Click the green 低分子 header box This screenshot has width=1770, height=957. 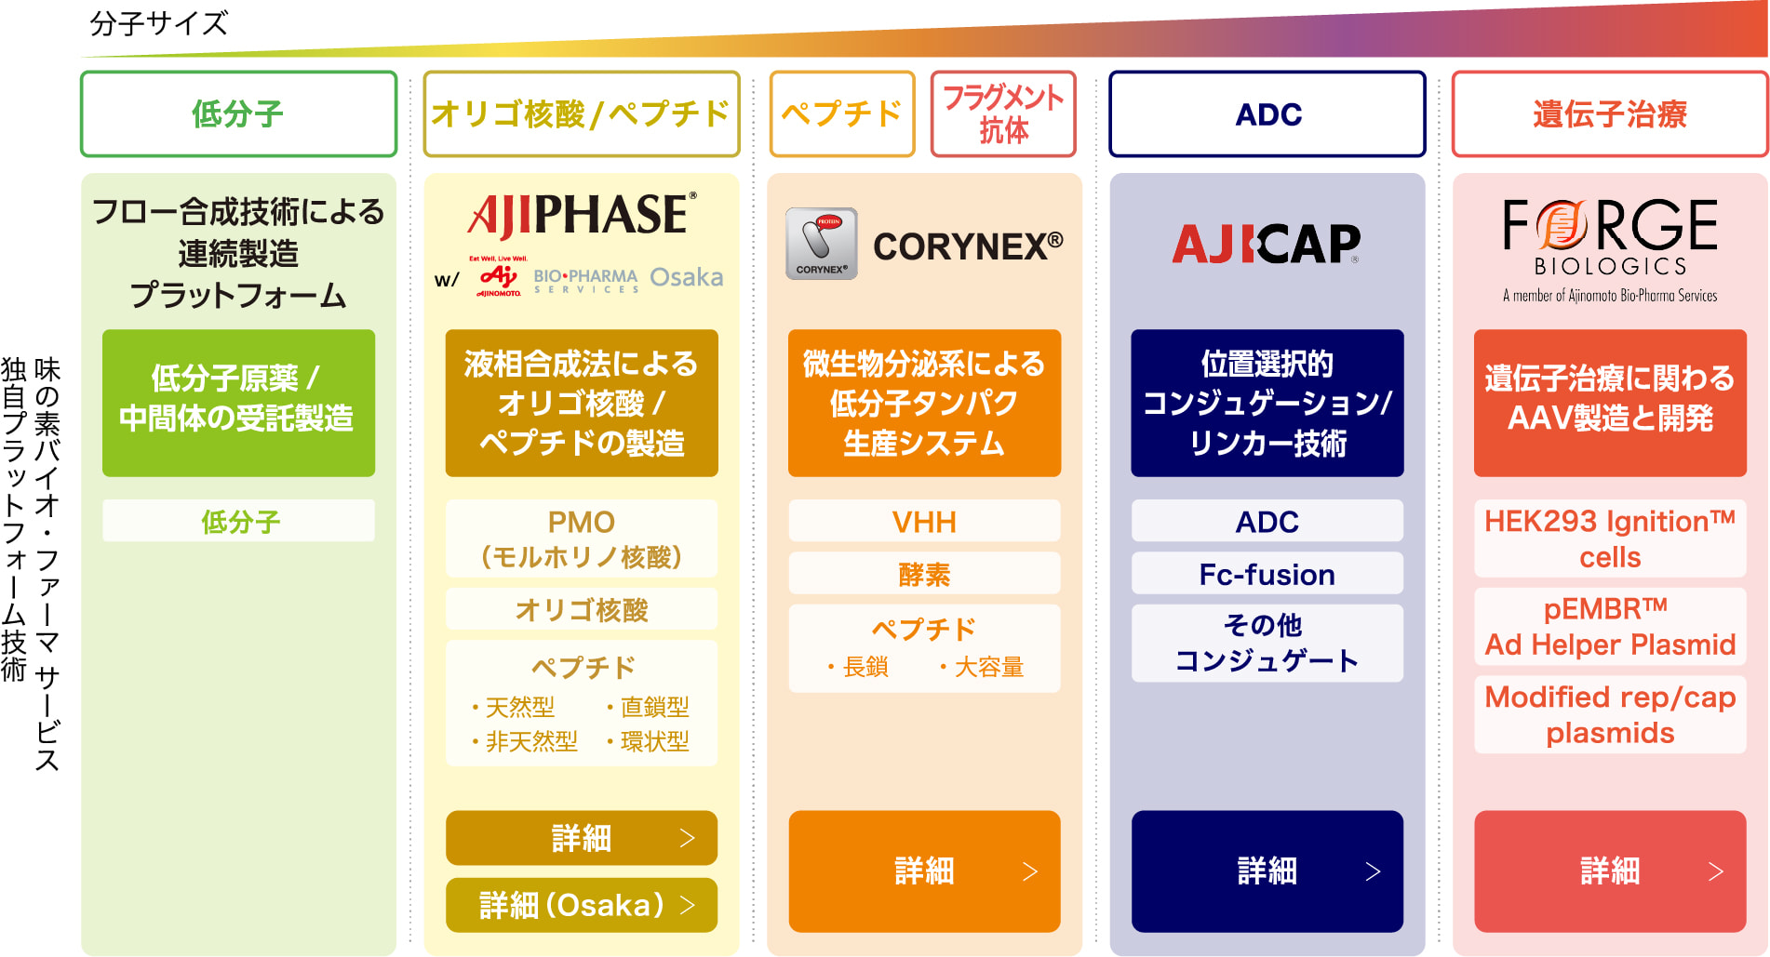click(238, 113)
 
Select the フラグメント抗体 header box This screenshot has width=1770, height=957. click(1003, 113)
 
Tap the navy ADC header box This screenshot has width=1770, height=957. click(1267, 113)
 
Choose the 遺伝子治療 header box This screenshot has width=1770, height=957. click(1610, 113)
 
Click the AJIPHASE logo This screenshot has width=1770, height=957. click(582, 214)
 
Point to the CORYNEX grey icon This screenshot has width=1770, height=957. click(821, 244)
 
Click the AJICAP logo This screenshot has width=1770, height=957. click(1267, 244)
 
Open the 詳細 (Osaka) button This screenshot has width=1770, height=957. click(582, 905)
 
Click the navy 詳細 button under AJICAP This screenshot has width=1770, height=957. click(1267, 871)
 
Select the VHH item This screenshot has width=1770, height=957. click(924, 522)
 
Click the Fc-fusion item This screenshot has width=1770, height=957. click(1267, 574)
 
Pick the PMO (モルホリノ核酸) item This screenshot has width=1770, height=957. click(582, 538)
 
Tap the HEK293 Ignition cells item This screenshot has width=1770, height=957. click(1610, 538)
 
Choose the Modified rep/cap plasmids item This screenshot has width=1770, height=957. click(1610, 714)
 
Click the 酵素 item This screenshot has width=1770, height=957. click(924, 574)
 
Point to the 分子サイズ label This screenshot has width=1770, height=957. click(159, 22)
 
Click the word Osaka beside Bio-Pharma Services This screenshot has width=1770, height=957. click(687, 277)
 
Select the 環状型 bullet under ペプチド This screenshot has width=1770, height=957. click(649, 741)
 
